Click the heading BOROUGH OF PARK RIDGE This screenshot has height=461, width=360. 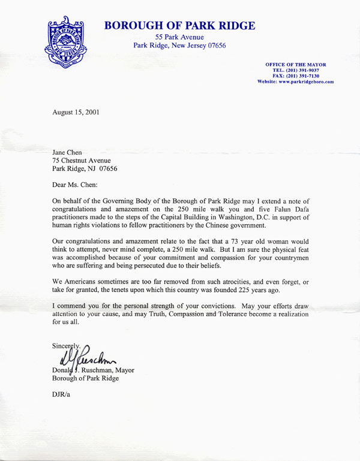[x=180, y=26]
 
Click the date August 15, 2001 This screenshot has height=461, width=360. [x=77, y=112]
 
